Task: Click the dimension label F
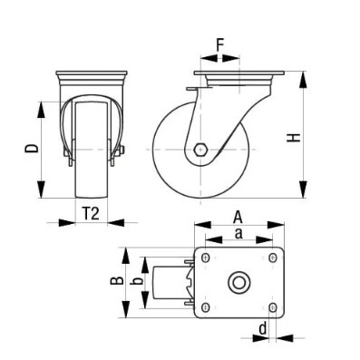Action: pyautogui.click(x=219, y=45)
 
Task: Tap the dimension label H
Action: pyautogui.click(x=294, y=138)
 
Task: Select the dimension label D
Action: pyautogui.click(x=32, y=148)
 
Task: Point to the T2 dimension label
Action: pyautogui.click(x=91, y=214)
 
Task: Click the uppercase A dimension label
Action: pyautogui.click(x=238, y=218)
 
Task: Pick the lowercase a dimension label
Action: pyautogui.click(x=238, y=234)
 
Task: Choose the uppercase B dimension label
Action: pyautogui.click(x=117, y=281)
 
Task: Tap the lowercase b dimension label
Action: pyautogui.click(x=137, y=281)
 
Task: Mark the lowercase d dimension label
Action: pyautogui.click(x=263, y=328)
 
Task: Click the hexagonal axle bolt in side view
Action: pyautogui.click(x=200, y=150)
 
